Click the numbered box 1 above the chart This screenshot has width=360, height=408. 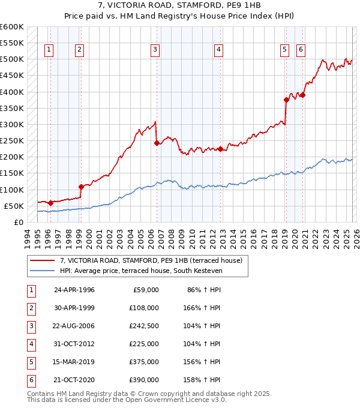coord(48,50)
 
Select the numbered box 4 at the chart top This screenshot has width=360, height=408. coord(219,50)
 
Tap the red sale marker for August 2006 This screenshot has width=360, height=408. coord(157,143)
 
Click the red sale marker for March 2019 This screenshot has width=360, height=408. coord(286,100)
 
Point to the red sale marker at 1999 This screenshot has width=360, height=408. coord(81,187)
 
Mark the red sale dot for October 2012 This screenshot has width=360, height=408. coord(220,149)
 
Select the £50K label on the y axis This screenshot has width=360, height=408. coord(13,206)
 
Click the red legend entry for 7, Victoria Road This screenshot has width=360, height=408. coord(151,260)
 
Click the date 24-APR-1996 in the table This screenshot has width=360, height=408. coord(74,290)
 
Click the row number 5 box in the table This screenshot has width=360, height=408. coord(29,362)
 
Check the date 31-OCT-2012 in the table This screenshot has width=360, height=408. coord(74,344)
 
